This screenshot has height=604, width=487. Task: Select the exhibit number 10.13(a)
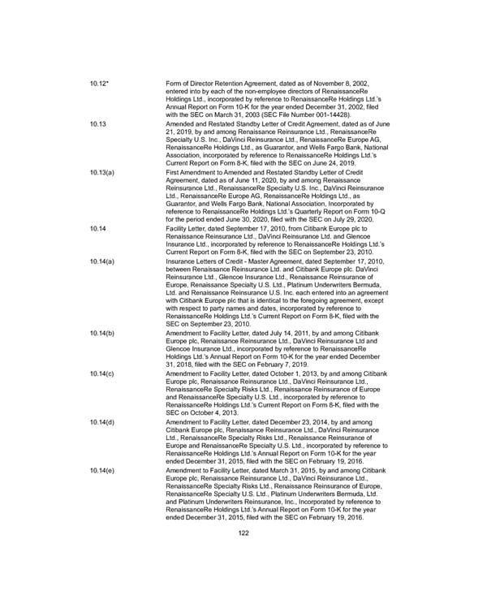coord(102,174)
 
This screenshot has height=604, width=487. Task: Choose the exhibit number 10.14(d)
coord(102,423)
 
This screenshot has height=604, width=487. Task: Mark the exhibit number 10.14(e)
coord(102,469)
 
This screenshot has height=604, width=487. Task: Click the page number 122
coord(243,533)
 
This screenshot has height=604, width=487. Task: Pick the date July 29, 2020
coord(348,218)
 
